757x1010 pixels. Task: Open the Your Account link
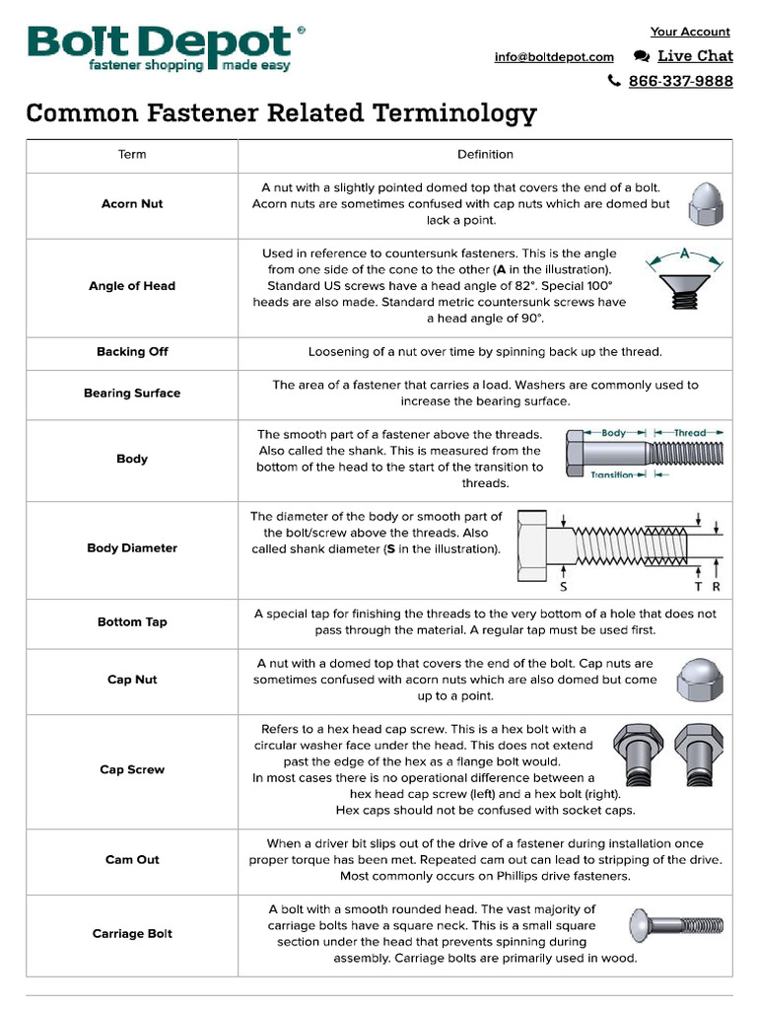point(690,32)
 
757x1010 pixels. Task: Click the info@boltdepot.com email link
point(554,57)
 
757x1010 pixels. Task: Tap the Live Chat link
point(694,56)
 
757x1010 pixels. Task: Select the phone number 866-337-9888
point(680,81)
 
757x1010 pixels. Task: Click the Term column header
point(132,155)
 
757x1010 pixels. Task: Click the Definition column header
point(485,155)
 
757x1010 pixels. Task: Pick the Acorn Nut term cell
point(132,204)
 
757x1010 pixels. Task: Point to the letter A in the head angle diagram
point(684,253)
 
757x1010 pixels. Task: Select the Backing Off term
point(132,352)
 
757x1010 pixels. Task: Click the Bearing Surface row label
point(132,394)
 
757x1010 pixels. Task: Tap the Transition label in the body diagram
point(612,474)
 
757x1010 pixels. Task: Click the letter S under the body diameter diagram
point(562,587)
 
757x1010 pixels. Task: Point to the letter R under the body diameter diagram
point(716,587)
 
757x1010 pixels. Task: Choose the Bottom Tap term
point(132,622)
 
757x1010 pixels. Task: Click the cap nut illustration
point(700,681)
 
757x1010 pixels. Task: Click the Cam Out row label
point(132,860)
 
